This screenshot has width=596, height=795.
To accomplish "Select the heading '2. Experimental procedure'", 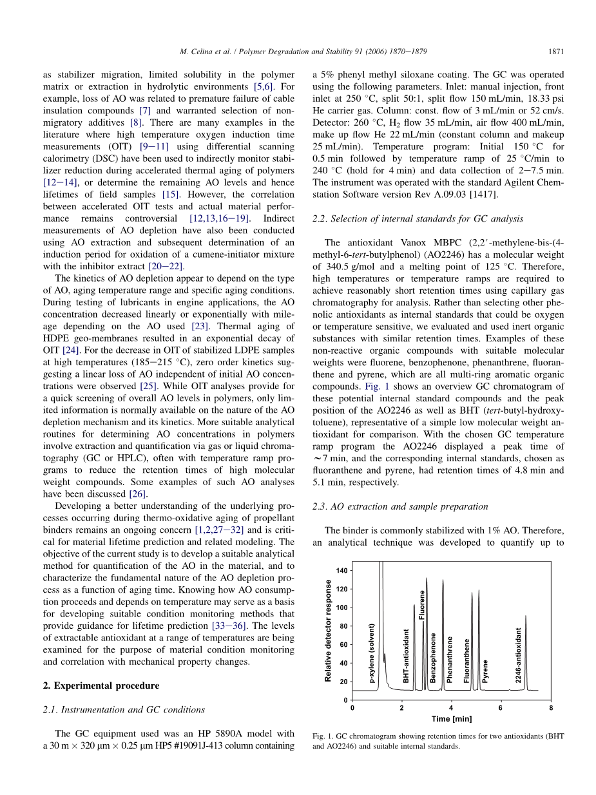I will (96, 685).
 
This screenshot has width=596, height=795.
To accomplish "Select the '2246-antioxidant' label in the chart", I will (519, 655).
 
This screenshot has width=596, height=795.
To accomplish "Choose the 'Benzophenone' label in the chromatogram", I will (434, 657).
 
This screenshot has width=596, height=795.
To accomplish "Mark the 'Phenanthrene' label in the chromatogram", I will (450, 658).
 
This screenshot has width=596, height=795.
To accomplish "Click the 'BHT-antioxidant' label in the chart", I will (407, 656).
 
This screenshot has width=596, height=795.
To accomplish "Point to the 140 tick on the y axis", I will (341, 571).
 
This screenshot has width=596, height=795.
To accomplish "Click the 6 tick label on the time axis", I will (501, 708).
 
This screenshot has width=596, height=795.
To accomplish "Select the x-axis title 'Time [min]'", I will (452, 719).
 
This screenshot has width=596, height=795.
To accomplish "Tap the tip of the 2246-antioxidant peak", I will (526, 616).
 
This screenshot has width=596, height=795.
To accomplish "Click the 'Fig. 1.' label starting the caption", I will (323, 736).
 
